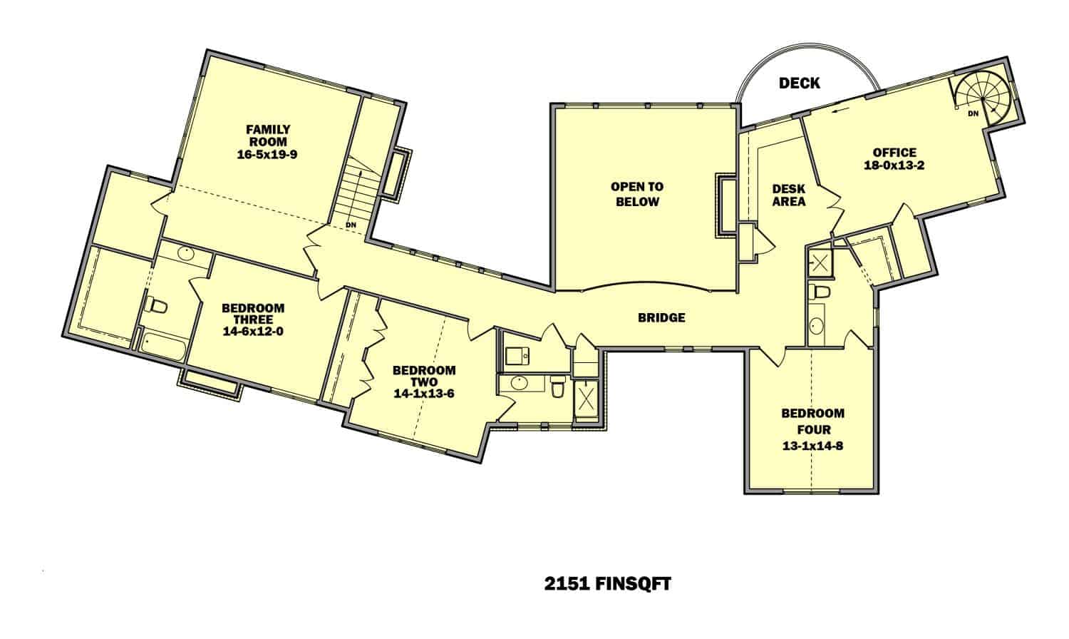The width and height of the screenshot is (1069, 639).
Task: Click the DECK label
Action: coord(799,83)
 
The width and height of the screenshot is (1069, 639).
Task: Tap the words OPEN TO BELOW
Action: coord(637,194)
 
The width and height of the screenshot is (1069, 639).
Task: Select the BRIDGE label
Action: coord(661,317)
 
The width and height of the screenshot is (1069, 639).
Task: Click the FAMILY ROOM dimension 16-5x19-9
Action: coord(268,153)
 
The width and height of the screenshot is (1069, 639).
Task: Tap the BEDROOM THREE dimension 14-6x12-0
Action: coord(253,330)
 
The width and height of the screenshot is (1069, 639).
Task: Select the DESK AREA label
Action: coord(789,195)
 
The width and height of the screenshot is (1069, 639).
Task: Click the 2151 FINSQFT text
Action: coord(607,584)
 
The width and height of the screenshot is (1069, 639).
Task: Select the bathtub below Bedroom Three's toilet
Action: coord(163,348)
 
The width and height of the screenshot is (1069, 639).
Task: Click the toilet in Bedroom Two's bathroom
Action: coord(557,389)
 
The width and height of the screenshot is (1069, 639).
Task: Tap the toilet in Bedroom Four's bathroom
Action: coord(820,291)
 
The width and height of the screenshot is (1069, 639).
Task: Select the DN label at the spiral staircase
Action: coord(973,114)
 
